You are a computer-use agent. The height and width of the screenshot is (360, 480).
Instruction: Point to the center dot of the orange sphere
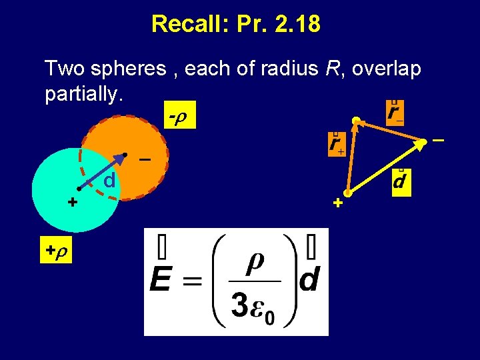(125, 156)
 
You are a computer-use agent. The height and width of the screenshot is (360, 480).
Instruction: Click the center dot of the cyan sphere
(79, 189)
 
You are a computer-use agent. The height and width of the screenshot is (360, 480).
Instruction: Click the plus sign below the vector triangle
(337, 203)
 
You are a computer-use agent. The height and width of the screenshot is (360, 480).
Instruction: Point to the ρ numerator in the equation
(255, 261)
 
